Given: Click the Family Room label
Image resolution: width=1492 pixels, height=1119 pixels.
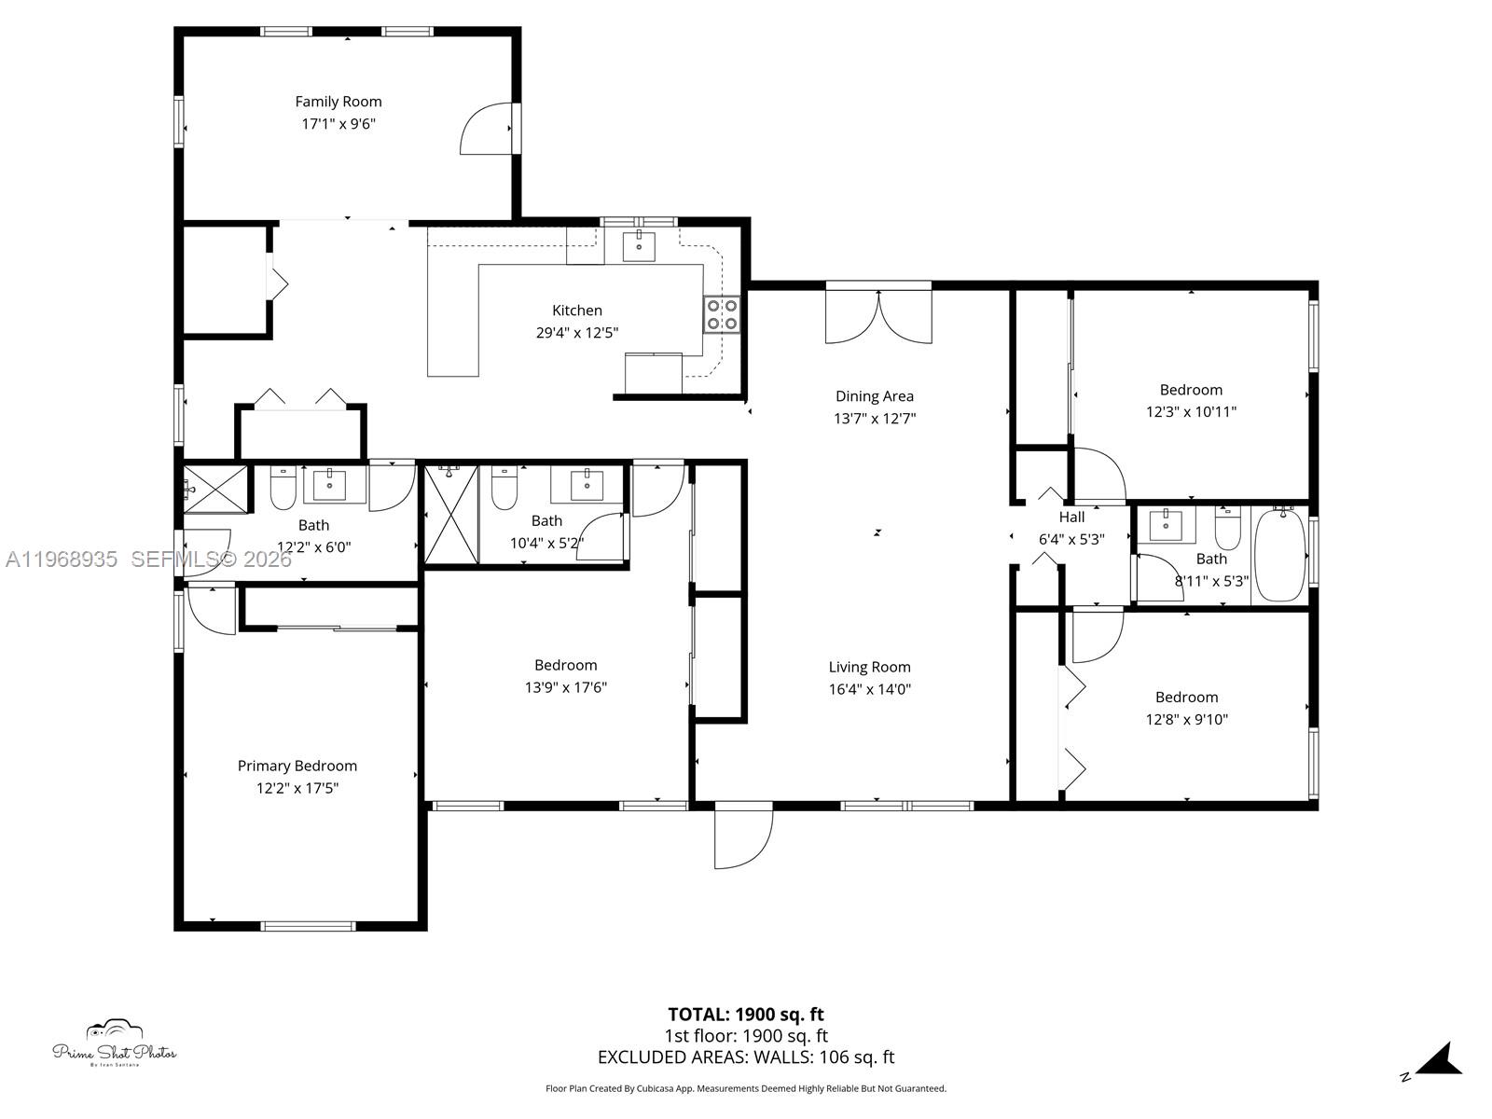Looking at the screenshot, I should click(x=338, y=102).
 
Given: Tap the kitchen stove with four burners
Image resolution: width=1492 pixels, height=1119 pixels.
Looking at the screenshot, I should click(x=722, y=314).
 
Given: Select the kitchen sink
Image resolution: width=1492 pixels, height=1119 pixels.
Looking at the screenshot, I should click(x=639, y=246).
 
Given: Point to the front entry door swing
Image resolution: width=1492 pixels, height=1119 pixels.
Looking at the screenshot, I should click(x=743, y=836).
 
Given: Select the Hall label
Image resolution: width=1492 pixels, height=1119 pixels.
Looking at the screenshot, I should click(x=1071, y=517).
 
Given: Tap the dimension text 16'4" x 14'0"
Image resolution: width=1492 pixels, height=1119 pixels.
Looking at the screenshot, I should click(x=869, y=689).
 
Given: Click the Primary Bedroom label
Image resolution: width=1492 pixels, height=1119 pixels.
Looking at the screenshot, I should click(x=297, y=766).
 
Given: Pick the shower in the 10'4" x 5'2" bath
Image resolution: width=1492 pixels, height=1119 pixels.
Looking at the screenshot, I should click(x=450, y=515).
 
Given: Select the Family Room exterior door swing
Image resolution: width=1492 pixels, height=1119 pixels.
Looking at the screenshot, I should click(x=486, y=129).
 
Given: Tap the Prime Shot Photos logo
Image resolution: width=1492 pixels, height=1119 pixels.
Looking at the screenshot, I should click(x=114, y=1043).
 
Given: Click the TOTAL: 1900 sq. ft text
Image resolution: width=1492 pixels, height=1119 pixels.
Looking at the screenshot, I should click(x=745, y=1014).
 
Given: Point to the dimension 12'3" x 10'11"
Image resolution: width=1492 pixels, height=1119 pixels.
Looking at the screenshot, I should click(x=1191, y=411).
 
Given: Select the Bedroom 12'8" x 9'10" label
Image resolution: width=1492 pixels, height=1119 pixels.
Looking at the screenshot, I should click(x=1186, y=697).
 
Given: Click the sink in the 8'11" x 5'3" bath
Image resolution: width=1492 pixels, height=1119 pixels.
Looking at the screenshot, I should click(x=1166, y=525).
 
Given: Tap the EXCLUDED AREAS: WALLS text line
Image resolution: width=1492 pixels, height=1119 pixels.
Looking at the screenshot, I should click(x=745, y=1057).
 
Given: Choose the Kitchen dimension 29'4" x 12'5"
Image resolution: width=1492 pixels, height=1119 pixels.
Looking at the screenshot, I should click(x=576, y=332).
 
